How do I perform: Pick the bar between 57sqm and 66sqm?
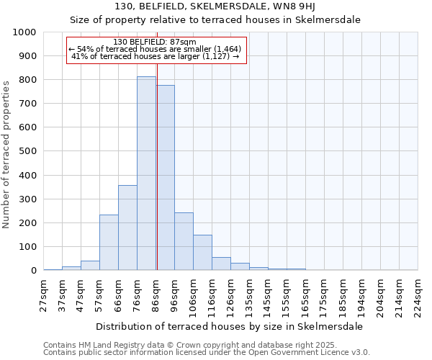109,243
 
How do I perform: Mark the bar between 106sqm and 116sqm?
202,253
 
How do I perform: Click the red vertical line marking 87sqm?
156,180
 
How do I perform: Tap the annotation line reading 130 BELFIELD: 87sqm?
155,42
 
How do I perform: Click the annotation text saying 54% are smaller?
155,49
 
